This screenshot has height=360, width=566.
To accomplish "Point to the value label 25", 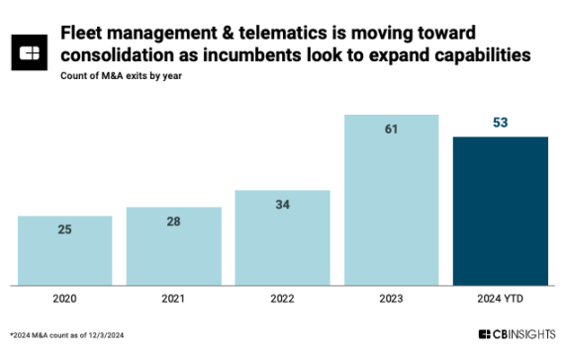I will (64, 230).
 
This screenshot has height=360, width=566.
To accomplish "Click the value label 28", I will (174, 222).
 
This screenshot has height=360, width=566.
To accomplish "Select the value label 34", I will (282, 205).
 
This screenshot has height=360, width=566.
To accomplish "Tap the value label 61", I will (391, 130).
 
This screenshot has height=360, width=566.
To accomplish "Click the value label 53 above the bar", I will (500, 121).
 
